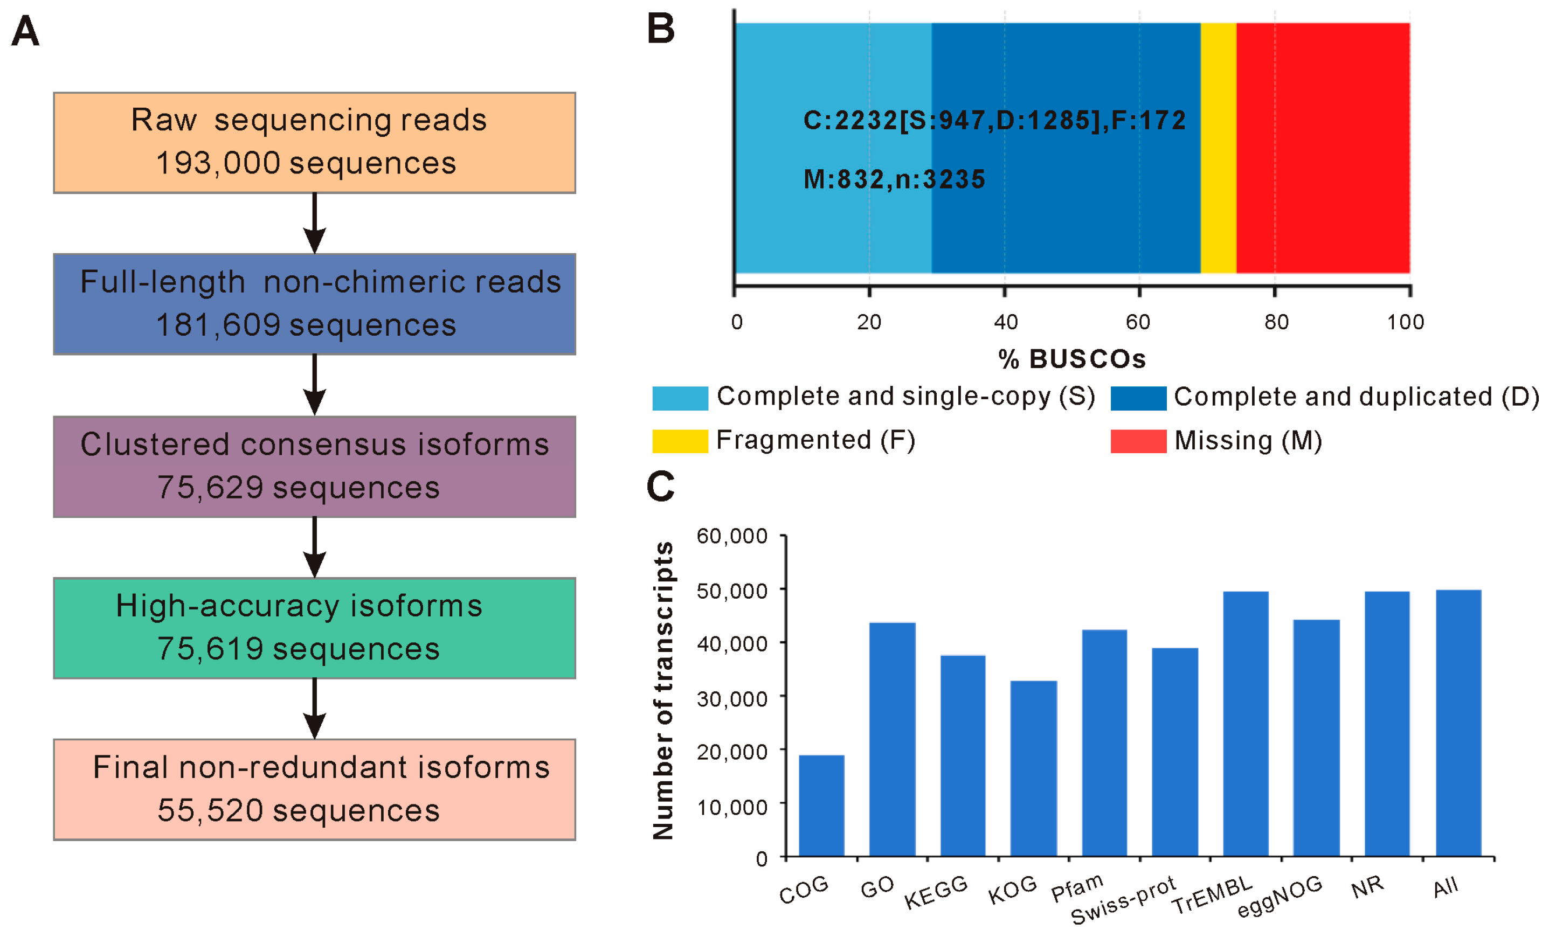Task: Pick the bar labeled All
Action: pyautogui.click(x=1458, y=723)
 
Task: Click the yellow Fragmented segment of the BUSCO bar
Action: pyautogui.click(x=1218, y=148)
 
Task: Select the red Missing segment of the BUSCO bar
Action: pyautogui.click(x=1323, y=148)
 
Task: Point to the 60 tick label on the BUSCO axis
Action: pyautogui.click(x=1138, y=322)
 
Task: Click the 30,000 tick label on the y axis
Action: pyautogui.click(x=732, y=698)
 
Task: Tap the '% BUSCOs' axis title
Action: pyautogui.click(x=1072, y=359)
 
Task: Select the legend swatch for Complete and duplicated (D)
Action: pyautogui.click(x=1138, y=398)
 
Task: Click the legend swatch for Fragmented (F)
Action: pyautogui.click(x=680, y=441)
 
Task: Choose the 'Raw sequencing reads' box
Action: pyautogui.click(x=314, y=143)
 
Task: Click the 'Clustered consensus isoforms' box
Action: pyautogui.click(x=314, y=466)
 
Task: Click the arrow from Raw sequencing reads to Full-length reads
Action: pyautogui.click(x=314, y=223)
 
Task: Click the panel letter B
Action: pyautogui.click(x=661, y=29)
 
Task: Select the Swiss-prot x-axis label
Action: pyautogui.click(x=1123, y=900)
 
